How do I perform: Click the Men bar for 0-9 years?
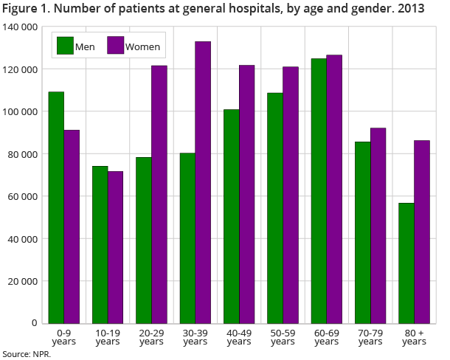click(56, 207)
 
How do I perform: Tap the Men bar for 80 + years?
click(406, 263)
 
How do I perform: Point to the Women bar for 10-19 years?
click(115, 247)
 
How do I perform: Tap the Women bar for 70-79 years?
click(378, 225)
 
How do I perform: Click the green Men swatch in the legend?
click(65, 46)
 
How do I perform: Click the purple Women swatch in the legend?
click(115, 46)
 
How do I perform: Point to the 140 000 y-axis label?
click(21, 27)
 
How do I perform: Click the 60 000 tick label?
click(23, 197)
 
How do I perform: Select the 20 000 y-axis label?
click(23, 282)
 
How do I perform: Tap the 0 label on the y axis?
click(35, 324)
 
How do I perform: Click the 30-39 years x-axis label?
click(195, 337)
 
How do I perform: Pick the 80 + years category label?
click(414, 337)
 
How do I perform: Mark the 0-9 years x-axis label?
click(63, 337)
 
